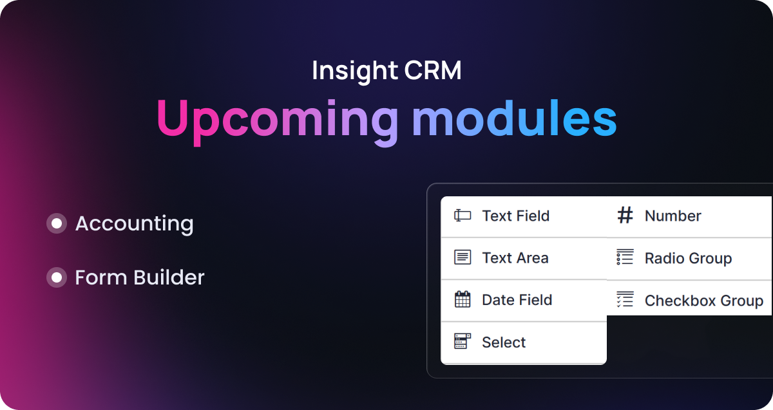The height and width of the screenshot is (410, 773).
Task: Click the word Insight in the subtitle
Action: tap(345, 71)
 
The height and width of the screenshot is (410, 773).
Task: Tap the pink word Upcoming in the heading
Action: tap(277, 119)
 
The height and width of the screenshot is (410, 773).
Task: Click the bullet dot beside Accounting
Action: tap(57, 223)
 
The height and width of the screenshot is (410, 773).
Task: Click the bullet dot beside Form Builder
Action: tap(57, 277)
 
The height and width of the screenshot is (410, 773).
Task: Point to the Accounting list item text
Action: tap(134, 224)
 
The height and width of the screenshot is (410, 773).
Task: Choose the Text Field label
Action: tap(515, 216)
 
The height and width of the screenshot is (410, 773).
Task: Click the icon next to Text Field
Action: tap(462, 216)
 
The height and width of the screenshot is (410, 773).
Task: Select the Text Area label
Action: tap(515, 258)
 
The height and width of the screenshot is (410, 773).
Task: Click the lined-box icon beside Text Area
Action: tap(462, 257)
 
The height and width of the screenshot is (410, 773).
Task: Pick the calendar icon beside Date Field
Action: tap(462, 299)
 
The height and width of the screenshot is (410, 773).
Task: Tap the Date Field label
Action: tap(517, 300)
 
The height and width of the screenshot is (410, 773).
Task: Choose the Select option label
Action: tap(504, 342)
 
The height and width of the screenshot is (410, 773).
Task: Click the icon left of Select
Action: tap(462, 342)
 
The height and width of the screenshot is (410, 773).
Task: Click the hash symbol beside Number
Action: tap(625, 216)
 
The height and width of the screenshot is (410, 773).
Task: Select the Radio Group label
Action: tap(688, 259)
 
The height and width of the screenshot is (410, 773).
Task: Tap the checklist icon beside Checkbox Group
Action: tap(625, 299)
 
